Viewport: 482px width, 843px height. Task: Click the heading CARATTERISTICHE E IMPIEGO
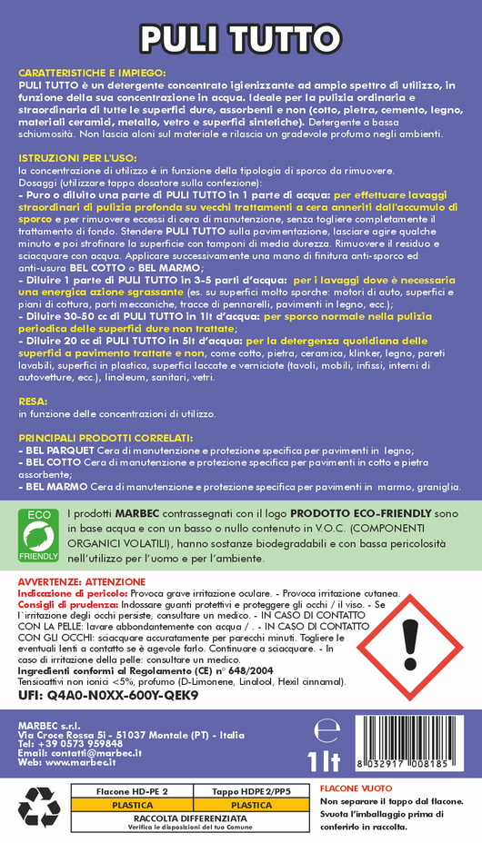click(x=92, y=71)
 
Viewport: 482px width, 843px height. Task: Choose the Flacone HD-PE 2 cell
click(x=132, y=793)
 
